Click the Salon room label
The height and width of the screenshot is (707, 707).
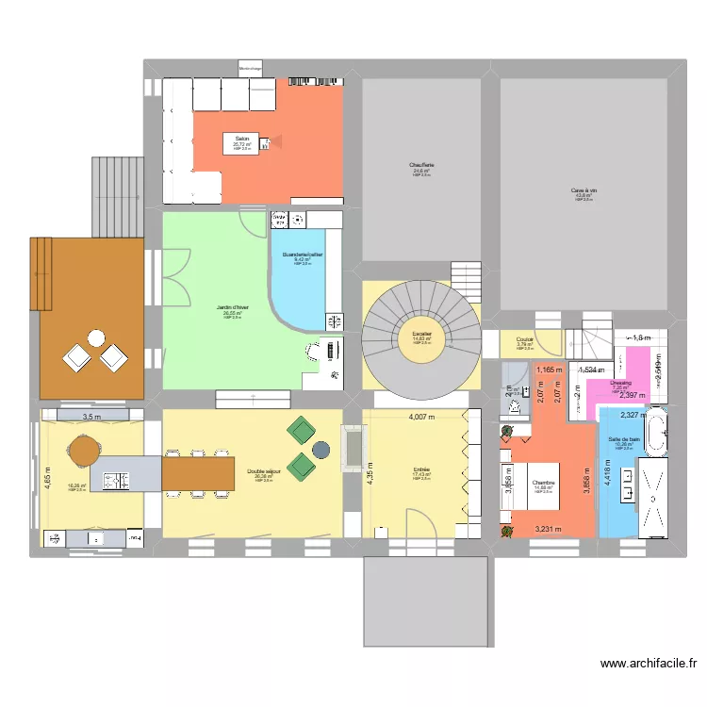pos(242,139)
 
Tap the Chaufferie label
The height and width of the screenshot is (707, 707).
pos(420,166)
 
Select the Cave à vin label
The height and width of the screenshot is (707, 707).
pos(584,190)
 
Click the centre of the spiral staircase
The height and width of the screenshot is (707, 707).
pos(421,337)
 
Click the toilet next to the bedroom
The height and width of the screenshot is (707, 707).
pos(515,407)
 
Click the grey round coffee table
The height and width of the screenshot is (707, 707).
pos(322,450)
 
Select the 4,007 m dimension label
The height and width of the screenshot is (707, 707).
pos(426,417)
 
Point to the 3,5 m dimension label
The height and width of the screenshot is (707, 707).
pos(91,417)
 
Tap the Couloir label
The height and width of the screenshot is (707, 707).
pos(525,340)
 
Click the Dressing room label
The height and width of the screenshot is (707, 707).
pos(619,383)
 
